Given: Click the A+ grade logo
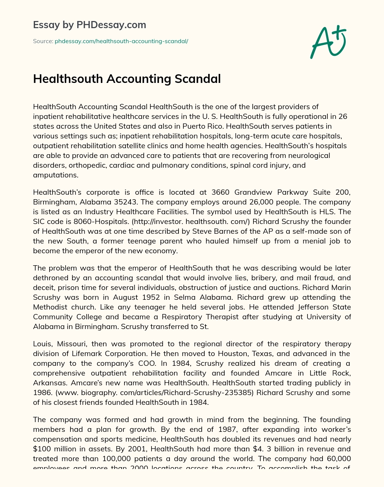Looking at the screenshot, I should click(x=328, y=42).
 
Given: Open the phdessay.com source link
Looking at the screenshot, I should click(x=121, y=41).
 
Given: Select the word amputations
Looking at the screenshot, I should click(x=55, y=175).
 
